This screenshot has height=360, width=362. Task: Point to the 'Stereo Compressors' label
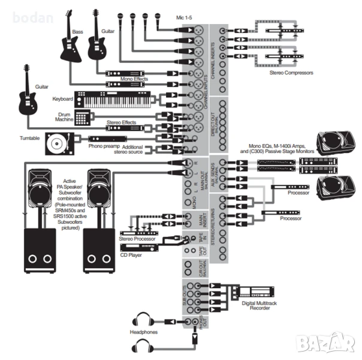[291, 73]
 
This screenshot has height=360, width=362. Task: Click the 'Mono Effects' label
[134, 80]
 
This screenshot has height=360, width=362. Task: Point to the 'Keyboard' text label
[62, 98]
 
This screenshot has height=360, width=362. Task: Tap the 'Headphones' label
[143, 331]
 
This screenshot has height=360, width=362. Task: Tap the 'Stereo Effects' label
[121, 122]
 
